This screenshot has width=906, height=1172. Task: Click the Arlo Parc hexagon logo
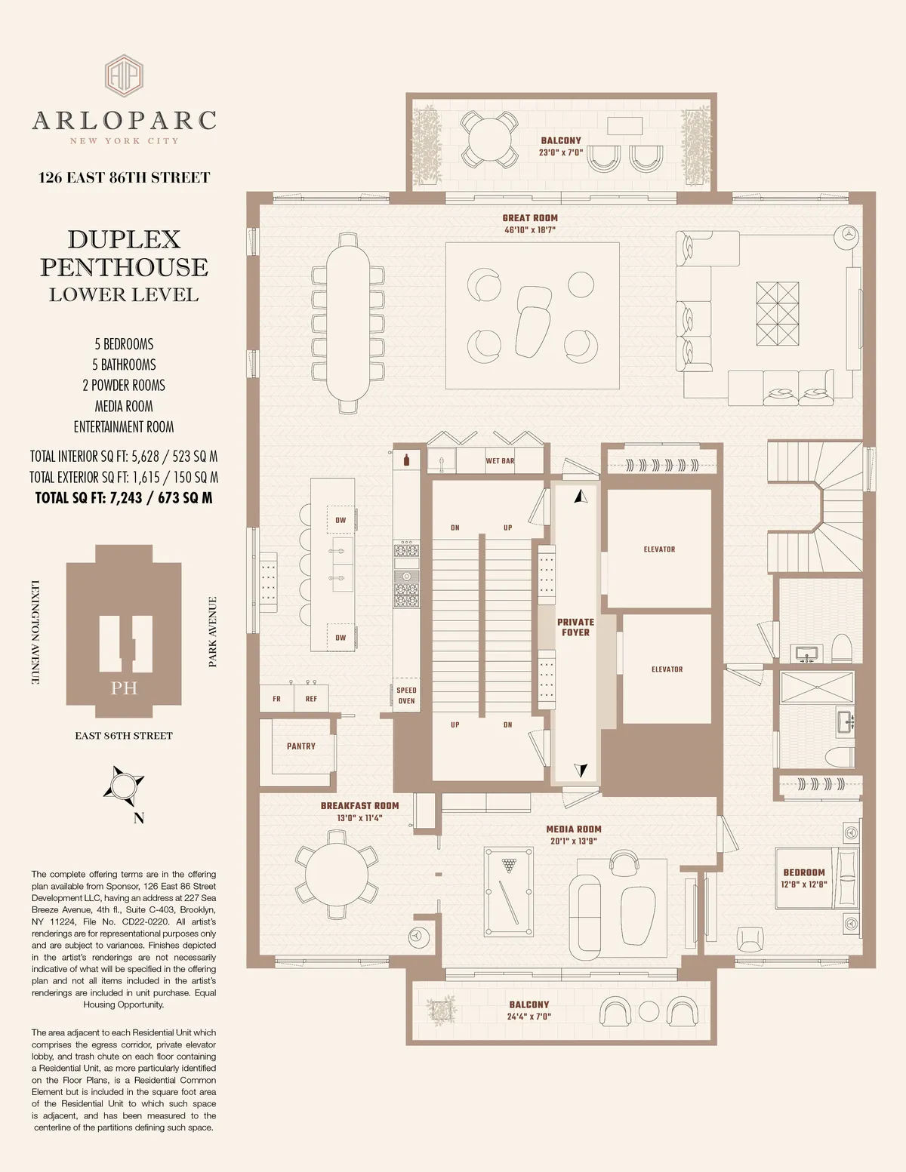124,75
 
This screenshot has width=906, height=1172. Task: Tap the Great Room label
530,218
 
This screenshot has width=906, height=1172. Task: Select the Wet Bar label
500,461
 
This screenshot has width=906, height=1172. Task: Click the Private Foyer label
575,627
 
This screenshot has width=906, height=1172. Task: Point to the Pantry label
301,746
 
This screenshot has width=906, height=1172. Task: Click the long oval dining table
347,323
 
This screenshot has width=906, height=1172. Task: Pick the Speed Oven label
406,696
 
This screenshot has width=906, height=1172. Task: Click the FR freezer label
276,699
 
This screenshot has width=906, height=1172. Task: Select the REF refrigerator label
311,699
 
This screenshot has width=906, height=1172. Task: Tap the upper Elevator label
659,549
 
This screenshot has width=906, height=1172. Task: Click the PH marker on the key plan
124,688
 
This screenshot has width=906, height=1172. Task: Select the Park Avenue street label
213,632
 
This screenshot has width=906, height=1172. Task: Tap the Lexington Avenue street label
35,632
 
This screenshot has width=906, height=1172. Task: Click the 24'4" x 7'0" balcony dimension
528,1017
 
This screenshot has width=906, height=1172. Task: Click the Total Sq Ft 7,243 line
124,498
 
